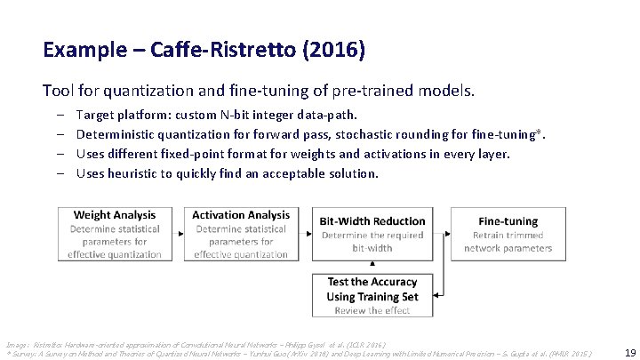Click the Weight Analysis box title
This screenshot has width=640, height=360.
pos(114,215)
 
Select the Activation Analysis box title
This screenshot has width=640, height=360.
pos(241,215)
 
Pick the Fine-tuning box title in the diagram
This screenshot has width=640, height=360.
pos(508,220)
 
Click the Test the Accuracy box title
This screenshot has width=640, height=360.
pos(372,283)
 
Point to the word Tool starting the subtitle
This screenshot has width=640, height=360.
pos(56,91)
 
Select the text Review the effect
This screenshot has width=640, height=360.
pos(372,310)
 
